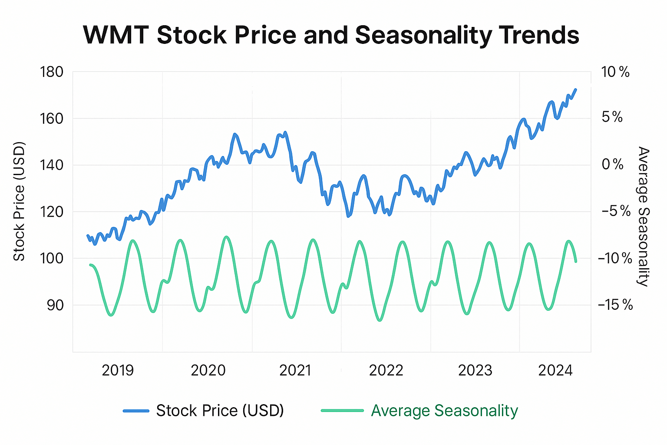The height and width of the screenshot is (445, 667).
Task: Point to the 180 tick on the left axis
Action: [51, 72]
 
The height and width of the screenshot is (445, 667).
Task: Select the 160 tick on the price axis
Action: [51, 118]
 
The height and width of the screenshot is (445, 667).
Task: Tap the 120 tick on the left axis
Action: [51, 212]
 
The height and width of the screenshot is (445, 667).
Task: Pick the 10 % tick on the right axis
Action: [615, 72]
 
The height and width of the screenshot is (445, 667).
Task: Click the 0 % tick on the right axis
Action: [612, 165]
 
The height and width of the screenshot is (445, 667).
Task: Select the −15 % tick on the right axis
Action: [615, 305]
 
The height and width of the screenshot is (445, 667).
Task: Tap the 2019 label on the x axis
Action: [118, 371]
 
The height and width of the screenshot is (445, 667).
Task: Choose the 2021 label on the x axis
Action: [295, 371]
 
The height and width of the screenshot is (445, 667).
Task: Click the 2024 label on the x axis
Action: [555, 371]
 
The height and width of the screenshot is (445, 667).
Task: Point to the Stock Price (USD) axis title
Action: [19, 201]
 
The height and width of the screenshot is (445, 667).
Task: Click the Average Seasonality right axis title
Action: [643, 216]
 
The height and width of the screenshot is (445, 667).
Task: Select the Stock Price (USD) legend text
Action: [220, 411]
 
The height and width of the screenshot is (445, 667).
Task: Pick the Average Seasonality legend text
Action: [444, 411]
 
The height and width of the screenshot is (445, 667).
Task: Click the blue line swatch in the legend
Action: [136, 411]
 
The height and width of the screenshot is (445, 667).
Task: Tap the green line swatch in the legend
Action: [342, 411]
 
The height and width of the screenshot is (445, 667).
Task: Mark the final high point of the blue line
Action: [576, 90]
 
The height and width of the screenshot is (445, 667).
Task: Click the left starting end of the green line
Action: [90, 265]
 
